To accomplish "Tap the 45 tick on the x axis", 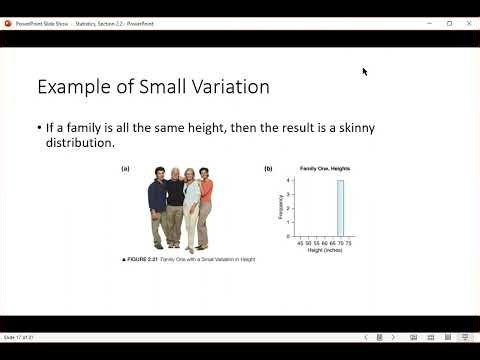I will (x=300, y=242).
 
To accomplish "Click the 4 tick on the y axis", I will (x=288, y=180).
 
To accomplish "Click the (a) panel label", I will (x=125, y=169).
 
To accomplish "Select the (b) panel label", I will (x=268, y=169).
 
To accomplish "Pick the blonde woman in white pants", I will (x=190, y=210).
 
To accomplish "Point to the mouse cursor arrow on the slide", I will (x=365, y=72).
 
